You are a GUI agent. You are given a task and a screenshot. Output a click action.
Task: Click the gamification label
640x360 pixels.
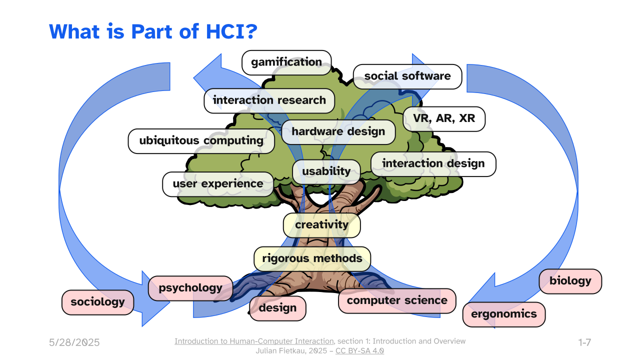286,62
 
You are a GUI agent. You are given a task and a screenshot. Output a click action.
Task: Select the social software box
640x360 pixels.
407,76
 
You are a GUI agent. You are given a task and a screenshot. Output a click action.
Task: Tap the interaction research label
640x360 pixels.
269,101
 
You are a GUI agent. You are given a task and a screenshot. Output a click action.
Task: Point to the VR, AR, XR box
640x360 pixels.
444,119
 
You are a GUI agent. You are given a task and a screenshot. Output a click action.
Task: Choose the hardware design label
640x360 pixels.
338,132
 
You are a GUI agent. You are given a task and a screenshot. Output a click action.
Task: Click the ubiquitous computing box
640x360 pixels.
201,141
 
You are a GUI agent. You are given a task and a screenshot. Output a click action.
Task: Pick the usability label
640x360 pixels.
326,171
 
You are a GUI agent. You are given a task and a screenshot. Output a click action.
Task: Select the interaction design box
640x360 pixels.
433,164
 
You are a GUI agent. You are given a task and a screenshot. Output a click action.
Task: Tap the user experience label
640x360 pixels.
218,184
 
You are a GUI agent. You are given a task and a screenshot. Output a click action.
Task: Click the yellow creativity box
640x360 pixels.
321,225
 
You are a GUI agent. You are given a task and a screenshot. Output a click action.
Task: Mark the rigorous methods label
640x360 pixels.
312,259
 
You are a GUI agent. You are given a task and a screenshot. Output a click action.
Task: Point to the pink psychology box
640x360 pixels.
190,288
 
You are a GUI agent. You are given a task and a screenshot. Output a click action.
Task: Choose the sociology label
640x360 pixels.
97,302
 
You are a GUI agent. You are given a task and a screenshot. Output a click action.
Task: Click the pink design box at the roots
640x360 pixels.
277,308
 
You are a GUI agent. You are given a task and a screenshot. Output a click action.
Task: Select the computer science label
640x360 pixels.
397,301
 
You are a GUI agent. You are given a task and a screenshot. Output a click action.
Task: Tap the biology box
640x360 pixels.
570,281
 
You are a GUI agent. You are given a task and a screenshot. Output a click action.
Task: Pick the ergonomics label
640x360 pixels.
504,314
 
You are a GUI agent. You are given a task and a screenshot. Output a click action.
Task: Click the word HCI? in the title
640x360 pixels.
231,31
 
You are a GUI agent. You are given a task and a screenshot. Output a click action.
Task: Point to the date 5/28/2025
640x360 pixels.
74,342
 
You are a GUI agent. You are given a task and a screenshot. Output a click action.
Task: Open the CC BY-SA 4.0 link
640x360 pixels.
359,350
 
